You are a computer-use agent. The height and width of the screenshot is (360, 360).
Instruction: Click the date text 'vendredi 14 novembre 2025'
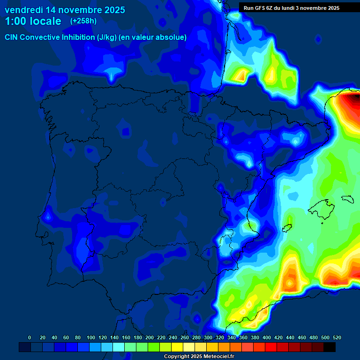pos(65,9)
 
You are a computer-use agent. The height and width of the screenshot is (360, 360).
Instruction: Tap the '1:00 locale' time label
pos(33,21)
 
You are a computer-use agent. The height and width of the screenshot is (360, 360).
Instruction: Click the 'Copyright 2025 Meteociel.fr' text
pos(199,357)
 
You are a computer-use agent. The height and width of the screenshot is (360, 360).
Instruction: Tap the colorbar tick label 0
pos(30,337)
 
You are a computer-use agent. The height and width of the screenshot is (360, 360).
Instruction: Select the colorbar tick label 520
pos(336,337)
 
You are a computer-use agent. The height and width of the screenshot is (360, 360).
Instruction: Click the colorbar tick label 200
pos(150,337)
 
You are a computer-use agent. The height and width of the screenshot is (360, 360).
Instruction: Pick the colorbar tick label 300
pos(208,337)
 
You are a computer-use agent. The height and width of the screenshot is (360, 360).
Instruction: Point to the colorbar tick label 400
pos(266,337)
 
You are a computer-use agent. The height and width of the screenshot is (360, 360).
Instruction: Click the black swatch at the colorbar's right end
pos(329,347)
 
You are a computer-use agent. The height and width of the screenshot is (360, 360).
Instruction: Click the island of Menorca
pos(346,199)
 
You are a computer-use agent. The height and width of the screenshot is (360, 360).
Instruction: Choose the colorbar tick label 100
pos(91,337)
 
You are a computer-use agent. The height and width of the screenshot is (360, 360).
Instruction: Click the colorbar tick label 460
pos(301,337)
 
